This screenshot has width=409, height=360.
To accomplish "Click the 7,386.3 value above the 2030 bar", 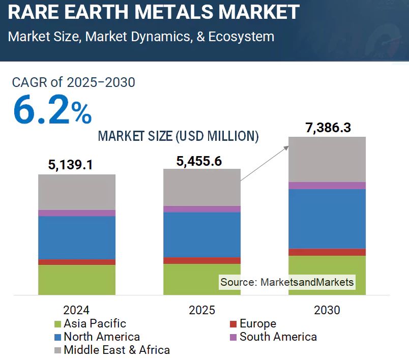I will [328, 128].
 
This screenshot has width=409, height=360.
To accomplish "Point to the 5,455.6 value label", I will [199, 161].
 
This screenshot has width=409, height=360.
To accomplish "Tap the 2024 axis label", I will [76, 310].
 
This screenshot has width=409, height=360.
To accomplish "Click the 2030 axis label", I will [327, 310].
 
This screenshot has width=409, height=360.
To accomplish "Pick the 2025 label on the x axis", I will [201, 310].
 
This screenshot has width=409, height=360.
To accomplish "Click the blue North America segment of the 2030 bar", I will [327, 219].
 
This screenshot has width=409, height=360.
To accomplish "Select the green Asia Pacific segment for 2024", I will [77, 280].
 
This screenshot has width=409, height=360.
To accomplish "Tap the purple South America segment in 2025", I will [201, 209].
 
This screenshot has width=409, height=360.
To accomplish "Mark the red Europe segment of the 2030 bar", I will [327, 252].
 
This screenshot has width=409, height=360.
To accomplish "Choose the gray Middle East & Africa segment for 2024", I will [77, 192].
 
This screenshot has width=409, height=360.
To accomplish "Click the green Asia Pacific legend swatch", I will [58, 324].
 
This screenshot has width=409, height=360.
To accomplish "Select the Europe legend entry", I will [257, 323].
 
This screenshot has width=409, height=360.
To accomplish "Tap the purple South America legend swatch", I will [233, 337].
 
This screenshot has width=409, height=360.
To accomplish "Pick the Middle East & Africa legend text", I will [116, 350].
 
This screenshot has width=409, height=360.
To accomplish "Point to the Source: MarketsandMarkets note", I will [286, 282].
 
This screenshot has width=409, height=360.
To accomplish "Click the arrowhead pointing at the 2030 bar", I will [286, 147].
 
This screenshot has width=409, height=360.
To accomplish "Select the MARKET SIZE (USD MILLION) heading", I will [178, 136].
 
